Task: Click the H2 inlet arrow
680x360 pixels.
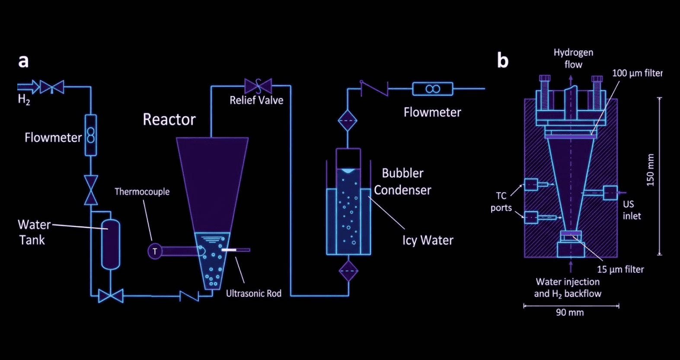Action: coord(28,87)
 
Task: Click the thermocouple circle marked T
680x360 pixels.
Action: coord(155,252)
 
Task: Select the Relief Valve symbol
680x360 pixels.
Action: coord(259,86)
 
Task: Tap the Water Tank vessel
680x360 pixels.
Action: coord(111,244)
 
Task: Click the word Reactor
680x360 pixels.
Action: coord(169,119)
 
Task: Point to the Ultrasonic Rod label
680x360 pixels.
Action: coord(254,293)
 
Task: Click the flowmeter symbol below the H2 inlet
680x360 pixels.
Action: coord(91,135)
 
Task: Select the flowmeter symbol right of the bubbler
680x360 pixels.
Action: coord(433,89)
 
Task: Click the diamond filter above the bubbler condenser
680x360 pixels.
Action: coord(348,121)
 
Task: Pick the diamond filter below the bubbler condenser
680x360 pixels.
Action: coord(348,271)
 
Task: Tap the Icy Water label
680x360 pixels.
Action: coord(428,240)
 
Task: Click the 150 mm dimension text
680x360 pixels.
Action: coord(650,170)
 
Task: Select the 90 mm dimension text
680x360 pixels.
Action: coord(570,312)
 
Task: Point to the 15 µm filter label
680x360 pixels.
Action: coord(620,270)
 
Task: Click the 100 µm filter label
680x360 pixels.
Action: coord(637,73)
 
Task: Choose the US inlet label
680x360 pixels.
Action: coord(632,210)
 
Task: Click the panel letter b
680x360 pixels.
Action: coord(503,61)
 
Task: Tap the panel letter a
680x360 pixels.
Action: coord(23,62)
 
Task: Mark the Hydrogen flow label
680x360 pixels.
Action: coord(573,58)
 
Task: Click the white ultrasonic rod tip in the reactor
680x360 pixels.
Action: coord(229,250)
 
